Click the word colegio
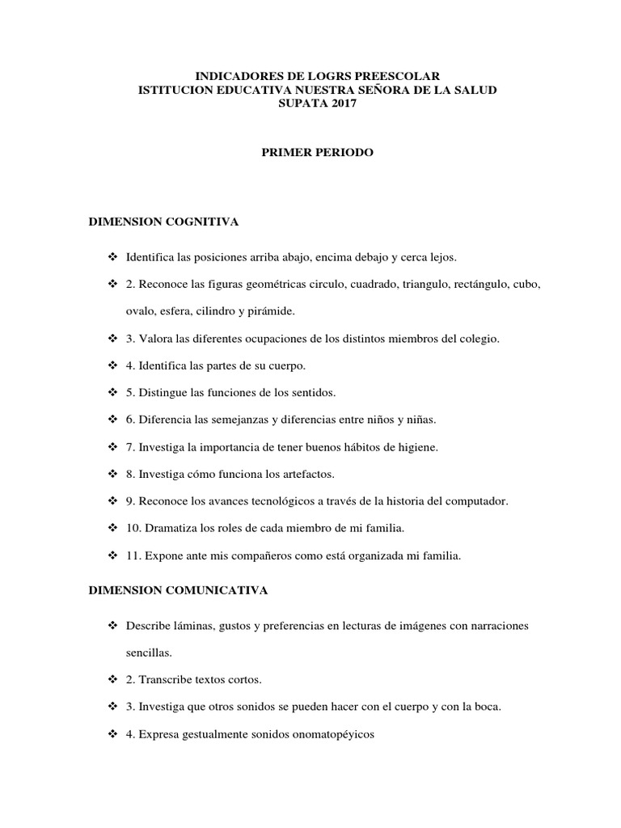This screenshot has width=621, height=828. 479,339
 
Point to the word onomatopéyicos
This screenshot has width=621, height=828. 332,733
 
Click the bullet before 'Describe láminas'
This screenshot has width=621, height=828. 112,626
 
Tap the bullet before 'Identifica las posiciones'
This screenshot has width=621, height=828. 112,257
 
